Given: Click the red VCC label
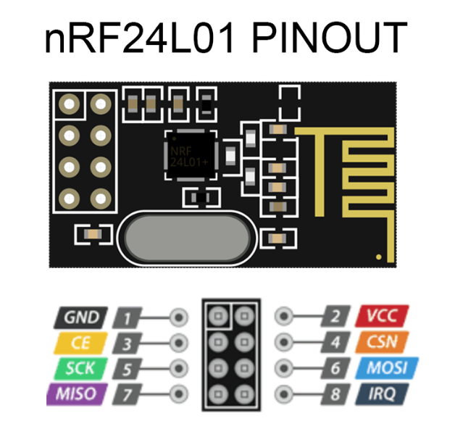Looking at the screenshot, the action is tap(382, 316).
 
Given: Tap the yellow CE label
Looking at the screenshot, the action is tap(80, 343).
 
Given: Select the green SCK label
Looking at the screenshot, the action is tap(80, 368).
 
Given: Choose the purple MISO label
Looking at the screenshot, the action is tap(78, 394).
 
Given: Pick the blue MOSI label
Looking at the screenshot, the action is tap(387, 368).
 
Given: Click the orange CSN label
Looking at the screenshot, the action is tap(382, 342).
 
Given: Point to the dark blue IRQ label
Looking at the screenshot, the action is tap(382, 394).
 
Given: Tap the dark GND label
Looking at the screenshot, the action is tap(80, 317).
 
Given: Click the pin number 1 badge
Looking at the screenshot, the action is tap(127, 318).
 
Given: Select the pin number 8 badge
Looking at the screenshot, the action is tap(335, 394).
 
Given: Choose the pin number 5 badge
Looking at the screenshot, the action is tap(127, 369).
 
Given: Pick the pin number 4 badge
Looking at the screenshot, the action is tap(335, 342).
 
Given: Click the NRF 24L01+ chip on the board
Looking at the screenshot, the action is tap(191, 155).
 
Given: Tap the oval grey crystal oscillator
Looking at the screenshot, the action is tap(187, 238).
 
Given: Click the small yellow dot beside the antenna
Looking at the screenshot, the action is tap(379, 257).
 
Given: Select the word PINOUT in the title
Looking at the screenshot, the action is tap(330, 38).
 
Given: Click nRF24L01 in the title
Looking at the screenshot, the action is tap(139, 38).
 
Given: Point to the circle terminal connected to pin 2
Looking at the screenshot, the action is tap(284, 316).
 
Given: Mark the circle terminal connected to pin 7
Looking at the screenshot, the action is tap(179, 394).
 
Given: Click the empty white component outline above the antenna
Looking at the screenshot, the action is tap(290, 103).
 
